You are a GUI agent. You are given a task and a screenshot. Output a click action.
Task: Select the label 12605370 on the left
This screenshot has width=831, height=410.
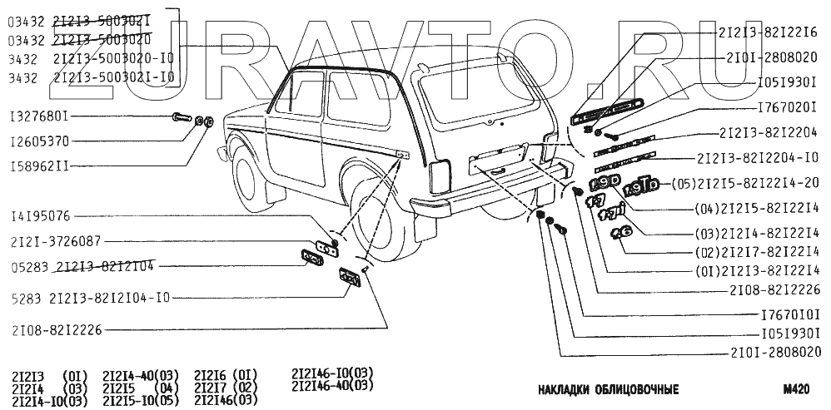coord(40,141)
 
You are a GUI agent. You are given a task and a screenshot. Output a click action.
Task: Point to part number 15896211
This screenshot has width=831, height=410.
coord(40,166)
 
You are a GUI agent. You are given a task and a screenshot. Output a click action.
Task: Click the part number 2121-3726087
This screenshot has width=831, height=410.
coord(56,242)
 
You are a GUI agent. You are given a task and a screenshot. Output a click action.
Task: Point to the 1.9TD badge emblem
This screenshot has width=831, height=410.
coord(641,184)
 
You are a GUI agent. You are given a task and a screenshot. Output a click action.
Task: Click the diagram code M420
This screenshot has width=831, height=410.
coord(797,388)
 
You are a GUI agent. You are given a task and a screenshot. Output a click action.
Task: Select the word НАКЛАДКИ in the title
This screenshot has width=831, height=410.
coord(566,388)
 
